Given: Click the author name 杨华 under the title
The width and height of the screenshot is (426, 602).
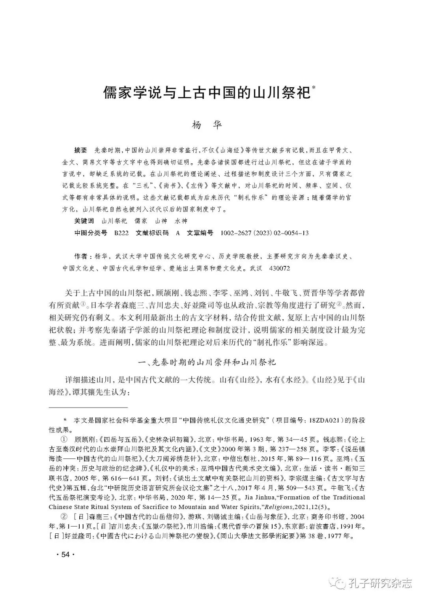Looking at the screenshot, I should coord(207,125).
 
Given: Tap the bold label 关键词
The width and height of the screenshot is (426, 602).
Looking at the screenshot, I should coord(84,221).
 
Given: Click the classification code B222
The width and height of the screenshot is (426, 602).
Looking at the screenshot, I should coord(121,233).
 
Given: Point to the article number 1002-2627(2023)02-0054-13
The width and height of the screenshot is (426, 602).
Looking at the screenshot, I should coord(265,233).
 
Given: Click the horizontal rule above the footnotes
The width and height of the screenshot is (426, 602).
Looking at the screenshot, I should coord(88,407).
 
